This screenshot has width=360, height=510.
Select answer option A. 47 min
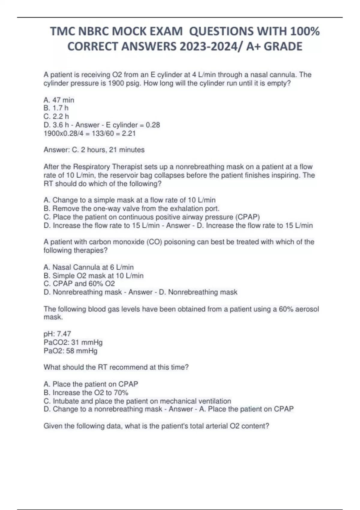pyautogui.click(x=59, y=100)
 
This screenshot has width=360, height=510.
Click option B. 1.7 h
pyautogui.click(x=56, y=108)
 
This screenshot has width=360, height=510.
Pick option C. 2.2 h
pyautogui.click(x=56, y=116)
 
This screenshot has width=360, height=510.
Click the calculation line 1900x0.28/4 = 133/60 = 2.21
pyautogui.click(x=89, y=133)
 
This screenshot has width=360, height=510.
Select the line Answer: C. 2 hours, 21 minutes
pyautogui.click(x=94, y=150)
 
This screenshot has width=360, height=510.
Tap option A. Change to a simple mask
pyautogui.click(x=129, y=200)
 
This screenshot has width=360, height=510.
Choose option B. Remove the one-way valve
pyautogui.click(x=131, y=208)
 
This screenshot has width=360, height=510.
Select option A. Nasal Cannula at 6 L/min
pyautogui.click(x=88, y=267)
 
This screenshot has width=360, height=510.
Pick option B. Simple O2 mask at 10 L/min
pyautogui.click(x=93, y=275)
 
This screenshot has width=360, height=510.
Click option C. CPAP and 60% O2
pyautogui.click(x=79, y=284)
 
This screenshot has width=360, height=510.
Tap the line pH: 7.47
pyautogui.click(x=57, y=334)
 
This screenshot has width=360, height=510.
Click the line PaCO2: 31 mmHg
pyautogui.click(x=73, y=342)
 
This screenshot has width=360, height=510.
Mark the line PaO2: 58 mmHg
pyautogui.click(x=70, y=351)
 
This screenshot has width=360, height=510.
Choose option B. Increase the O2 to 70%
pyautogui.click(x=86, y=392)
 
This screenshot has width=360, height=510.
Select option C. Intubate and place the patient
pyautogui.click(x=137, y=401)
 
